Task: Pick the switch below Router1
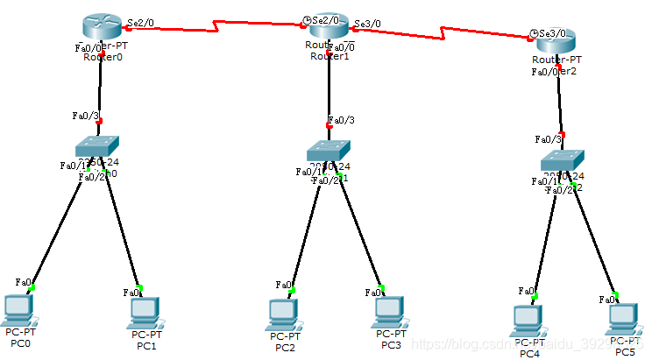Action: pyautogui.click(x=329, y=151)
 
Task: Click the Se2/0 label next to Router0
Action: pyautogui.click(x=141, y=22)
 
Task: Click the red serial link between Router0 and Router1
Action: pyautogui.click(x=219, y=25)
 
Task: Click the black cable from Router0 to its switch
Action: pyautogui.click(x=100, y=88)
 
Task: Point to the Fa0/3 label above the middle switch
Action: pyautogui.click(x=341, y=120)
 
